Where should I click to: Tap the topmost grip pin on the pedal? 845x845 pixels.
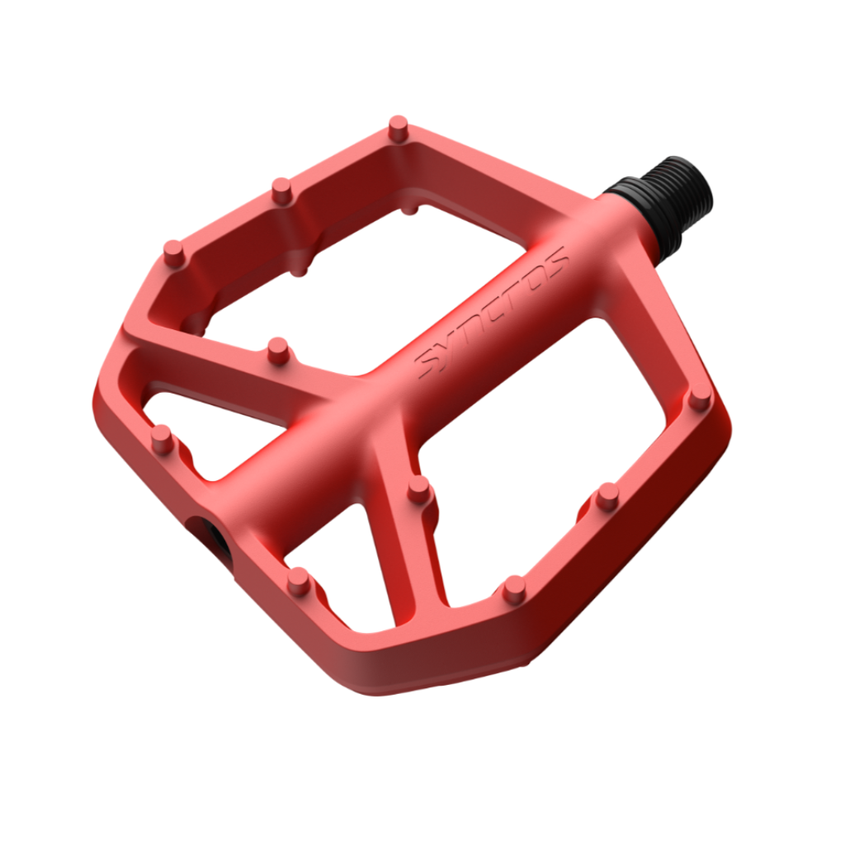pyautogui.click(x=399, y=129)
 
